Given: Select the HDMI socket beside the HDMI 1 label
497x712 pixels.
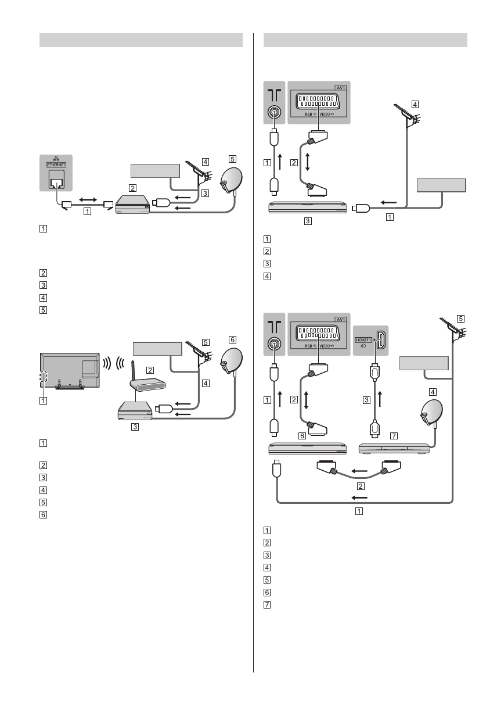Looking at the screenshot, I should tap(380, 341).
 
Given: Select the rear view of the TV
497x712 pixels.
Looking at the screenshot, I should tap(69, 373).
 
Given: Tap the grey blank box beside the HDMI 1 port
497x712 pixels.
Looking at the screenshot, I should tap(424, 363).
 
